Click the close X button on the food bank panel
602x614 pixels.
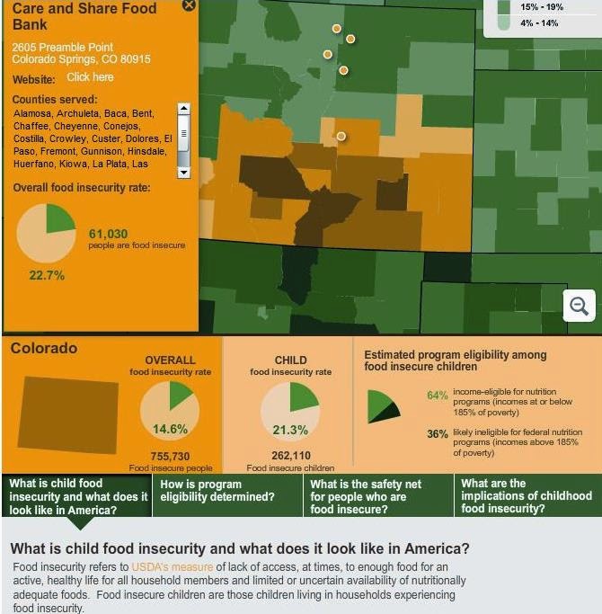click(x=189, y=5)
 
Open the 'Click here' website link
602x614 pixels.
click(x=90, y=77)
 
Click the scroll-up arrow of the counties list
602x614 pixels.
click(x=183, y=109)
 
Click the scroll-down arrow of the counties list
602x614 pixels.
click(x=183, y=170)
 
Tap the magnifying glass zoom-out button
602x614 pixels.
click(x=580, y=307)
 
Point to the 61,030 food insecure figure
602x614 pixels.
click(x=108, y=234)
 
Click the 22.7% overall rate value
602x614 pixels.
click(x=47, y=275)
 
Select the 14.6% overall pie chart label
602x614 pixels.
click(x=170, y=429)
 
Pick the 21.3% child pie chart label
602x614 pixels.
click(x=290, y=430)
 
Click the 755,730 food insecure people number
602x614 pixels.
click(x=170, y=457)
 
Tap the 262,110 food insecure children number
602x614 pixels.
click(x=290, y=456)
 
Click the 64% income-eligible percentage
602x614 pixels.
click(x=437, y=395)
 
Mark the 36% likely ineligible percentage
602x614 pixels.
click(x=437, y=433)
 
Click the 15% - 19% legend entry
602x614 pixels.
click(x=542, y=7)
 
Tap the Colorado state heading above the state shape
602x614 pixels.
click(x=44, y=348)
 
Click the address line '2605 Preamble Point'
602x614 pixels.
click(x=63, y=47)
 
